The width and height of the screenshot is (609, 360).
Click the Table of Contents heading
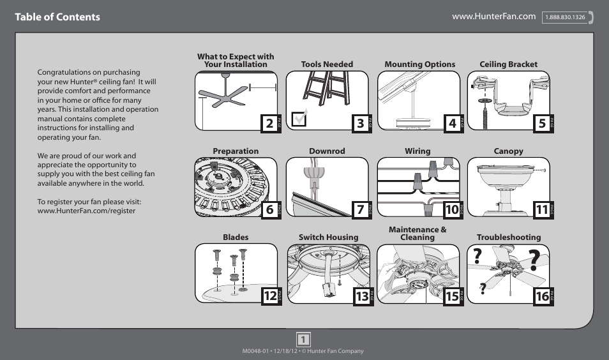click(57, 17)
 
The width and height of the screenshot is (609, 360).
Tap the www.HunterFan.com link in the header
click(493, 16)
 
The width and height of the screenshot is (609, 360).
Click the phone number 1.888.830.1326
click(565, 17)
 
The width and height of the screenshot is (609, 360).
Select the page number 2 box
click(269, 124)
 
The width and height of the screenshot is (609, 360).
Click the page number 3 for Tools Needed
click(361, 124)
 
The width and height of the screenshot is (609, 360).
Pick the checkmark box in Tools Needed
click(299, 119)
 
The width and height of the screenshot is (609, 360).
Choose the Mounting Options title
click(419, 64)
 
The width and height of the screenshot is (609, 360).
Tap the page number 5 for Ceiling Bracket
click(542, 124)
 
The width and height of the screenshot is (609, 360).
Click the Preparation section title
click(236, 151)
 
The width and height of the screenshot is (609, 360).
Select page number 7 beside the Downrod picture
click(361, 209)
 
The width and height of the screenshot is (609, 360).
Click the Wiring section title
click(417, 151)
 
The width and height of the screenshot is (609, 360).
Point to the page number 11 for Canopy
click(542, 209)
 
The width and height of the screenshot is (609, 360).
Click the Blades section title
click(236, 237)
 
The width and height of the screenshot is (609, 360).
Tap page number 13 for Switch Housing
click(362, 296)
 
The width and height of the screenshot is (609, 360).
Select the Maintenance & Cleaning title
click(417, 233)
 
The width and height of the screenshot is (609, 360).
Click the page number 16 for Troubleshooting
click(542, 296)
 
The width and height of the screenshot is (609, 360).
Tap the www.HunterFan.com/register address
click(86, 211)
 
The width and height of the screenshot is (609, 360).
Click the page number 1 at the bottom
click(304, 339)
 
